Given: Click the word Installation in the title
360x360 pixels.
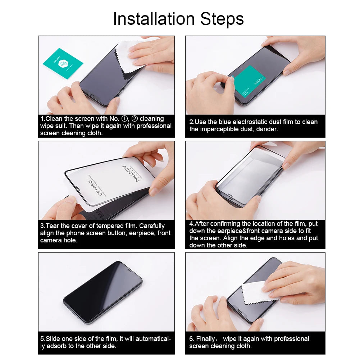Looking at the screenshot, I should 154,19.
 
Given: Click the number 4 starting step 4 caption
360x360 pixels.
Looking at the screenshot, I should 191,224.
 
